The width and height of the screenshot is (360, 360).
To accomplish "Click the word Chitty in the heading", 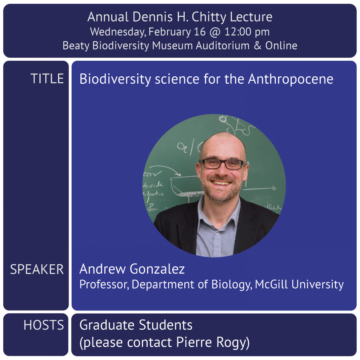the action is (x=209, y=17).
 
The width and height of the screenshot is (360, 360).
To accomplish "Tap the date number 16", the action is (x=199, y=32).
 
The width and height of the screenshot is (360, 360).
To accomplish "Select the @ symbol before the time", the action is (x=215, y=32).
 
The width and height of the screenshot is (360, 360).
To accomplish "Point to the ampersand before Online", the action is (x=257, y=46).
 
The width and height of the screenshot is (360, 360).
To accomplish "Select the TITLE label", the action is (x=47, y=79).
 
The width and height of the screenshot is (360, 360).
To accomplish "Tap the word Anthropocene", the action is (x=290, y=79).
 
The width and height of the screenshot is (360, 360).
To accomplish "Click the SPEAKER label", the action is (x=37, y=269).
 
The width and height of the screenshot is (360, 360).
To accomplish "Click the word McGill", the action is (x=271, y=284).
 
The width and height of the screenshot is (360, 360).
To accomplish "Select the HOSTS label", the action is (x=44, y=325).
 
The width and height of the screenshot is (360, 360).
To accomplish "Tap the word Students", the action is (x=166, y=325).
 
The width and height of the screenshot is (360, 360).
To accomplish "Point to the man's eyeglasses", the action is (x=223, y=164).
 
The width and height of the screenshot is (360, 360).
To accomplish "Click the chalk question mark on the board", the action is (x=150, y=207).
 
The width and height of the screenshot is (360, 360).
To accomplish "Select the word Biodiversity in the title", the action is (x=115, y=79).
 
